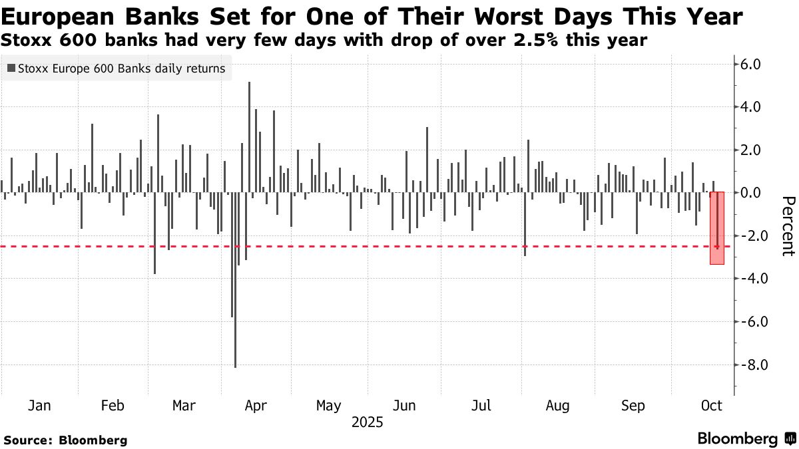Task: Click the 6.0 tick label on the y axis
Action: click(755, 65)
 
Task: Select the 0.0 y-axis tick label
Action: click(755, 193)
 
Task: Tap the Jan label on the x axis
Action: click(40, 405)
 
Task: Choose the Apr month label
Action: click(256, 405)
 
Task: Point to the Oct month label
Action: click(712, 405)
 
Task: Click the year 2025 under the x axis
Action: click(368, 422)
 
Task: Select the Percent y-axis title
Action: click(788, 226)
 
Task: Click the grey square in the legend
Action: click(11, 69)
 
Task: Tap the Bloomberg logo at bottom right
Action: click(746, 439)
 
